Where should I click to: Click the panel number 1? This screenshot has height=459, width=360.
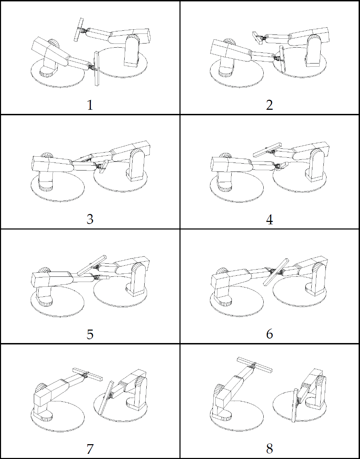click(90, 105)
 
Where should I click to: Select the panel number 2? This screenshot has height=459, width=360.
click(269, 105)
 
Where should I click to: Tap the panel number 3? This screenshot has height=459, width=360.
click(90, 219)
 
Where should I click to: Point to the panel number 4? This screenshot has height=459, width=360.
click(269, 220)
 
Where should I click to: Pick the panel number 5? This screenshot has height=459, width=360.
click(90, 334)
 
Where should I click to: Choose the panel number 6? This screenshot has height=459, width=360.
click(269, 334)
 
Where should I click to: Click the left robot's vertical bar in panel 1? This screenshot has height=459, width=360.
click(97, 69)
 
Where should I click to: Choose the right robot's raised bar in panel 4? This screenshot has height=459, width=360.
click(267, 150)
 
